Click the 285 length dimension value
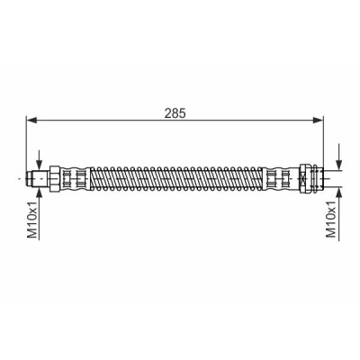tap(175, 112)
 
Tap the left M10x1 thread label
tap(32, 220)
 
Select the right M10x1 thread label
tap(331, 220)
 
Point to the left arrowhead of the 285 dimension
tap(31, 121)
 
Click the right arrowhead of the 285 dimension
tap(318, 121)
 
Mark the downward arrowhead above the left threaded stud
tap(40, 165)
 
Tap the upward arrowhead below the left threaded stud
tap(40, 193)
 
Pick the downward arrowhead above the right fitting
tap(338, 165)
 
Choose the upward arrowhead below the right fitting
tap(338, 193)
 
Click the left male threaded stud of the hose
tap(38, 179)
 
